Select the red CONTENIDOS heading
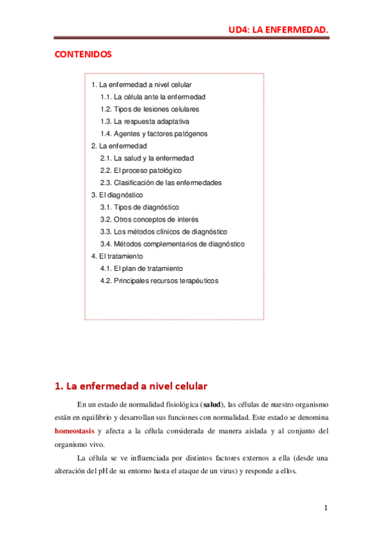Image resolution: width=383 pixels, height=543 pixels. click(x=84, y=54)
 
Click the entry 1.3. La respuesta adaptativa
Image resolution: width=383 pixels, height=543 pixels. click(x=145, y=122)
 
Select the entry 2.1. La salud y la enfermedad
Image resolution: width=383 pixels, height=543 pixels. click(x=146, y=158)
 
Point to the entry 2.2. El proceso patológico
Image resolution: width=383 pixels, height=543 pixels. click(x=141, y=170)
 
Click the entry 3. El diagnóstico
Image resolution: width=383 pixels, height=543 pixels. click(x=117, y=195)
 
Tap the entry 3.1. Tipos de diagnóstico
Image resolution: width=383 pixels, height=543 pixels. click(x=139, y=207)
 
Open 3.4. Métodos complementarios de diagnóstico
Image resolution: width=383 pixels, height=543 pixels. click(x=172, y=244)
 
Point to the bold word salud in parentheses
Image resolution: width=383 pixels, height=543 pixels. click(x=212, y=404)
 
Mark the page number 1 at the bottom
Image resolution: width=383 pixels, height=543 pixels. click(x=326, y=508)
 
